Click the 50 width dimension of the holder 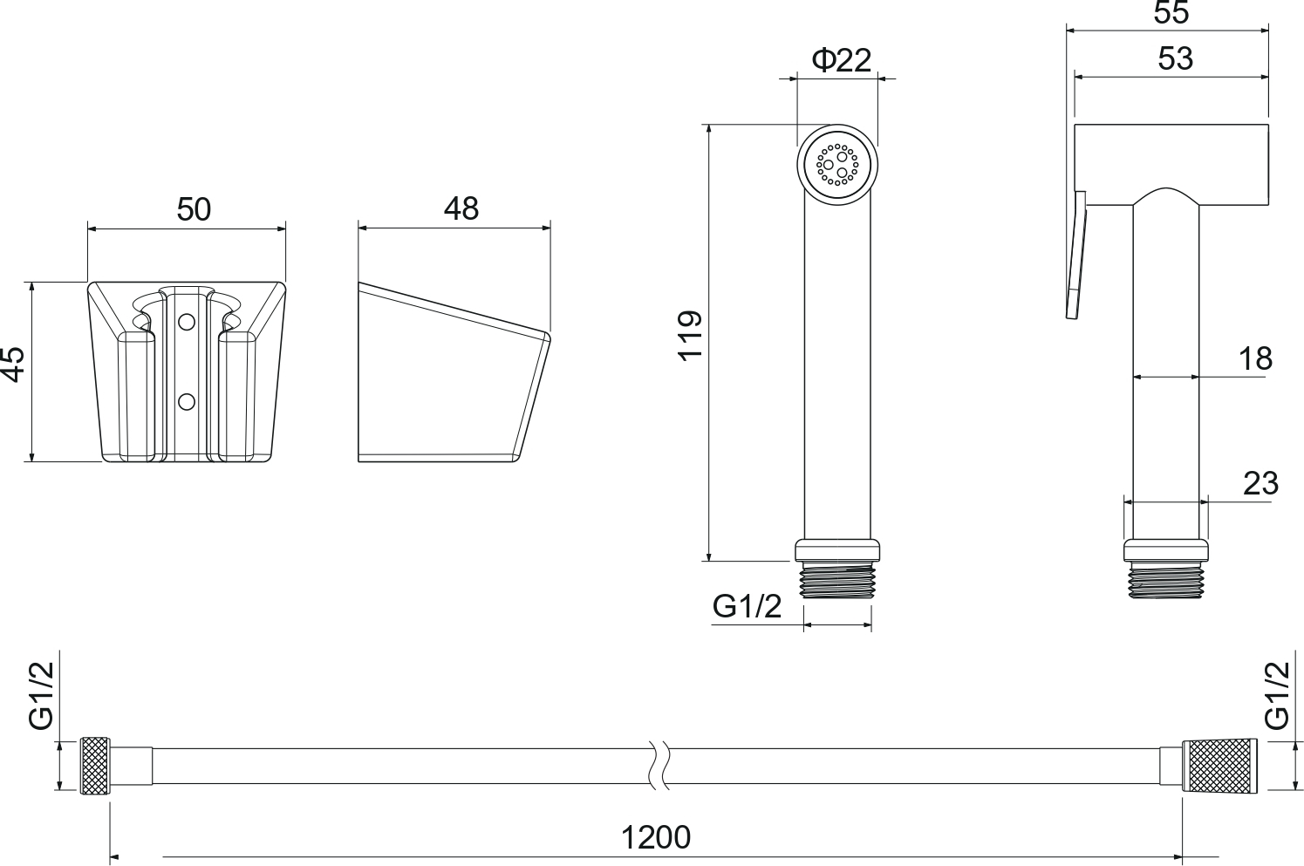click(194, 209)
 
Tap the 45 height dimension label click(13, 365)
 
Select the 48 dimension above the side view click(461, 208)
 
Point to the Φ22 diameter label click(842, 60)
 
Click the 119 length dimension click(691, 337)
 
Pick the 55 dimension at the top click(1171, 13)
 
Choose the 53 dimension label click(1176, 58)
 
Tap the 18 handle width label click(1256, 359)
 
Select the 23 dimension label click(1261, 484)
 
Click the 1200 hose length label click(656, 838)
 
